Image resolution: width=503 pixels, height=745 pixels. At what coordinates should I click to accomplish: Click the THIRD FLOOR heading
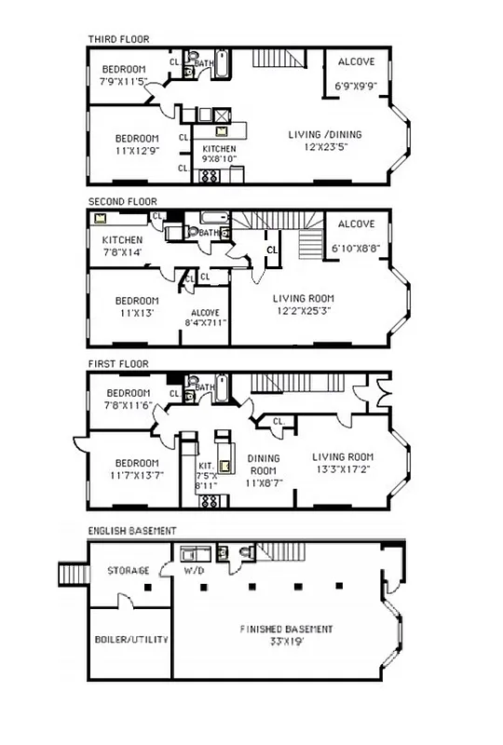[118, 39]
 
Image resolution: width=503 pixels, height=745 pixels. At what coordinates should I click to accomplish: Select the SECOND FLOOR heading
[122, 201]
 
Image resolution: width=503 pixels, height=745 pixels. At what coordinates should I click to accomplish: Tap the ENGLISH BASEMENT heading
[133, 531]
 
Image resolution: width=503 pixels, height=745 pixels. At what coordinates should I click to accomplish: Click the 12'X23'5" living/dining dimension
[324, 146]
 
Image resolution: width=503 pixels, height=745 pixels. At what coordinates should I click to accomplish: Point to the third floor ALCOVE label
[355, 62]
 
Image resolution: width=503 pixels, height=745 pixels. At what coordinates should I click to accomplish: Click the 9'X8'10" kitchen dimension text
[220, 159]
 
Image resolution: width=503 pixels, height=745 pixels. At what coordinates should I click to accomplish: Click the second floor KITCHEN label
[122, 240]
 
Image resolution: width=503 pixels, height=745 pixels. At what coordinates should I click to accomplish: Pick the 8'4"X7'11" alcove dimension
[205, 323]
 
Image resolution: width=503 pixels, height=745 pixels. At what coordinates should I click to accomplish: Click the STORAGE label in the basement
[128, 570]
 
